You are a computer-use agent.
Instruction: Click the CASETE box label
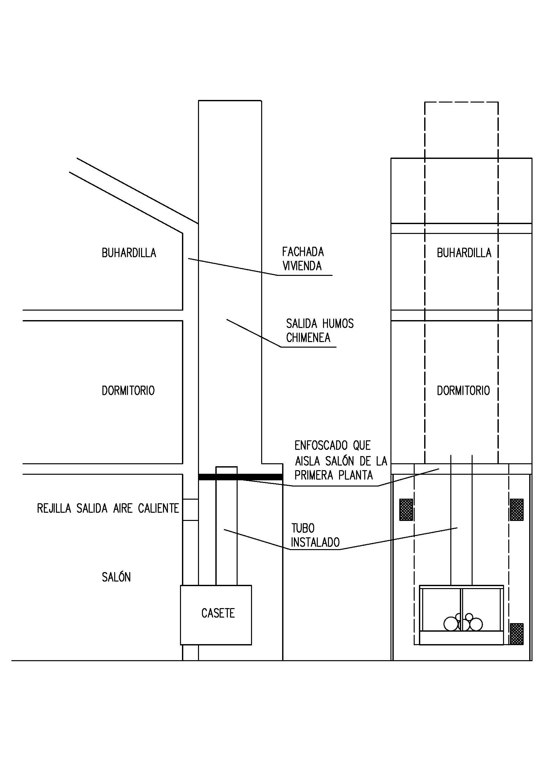[x=218, y=613]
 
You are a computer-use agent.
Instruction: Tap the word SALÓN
[x=116, y=577]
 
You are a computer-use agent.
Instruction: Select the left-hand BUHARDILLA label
[x=129, y=253]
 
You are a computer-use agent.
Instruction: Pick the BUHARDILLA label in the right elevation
[x=464, y=253]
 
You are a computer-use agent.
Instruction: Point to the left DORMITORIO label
[x=128, y=391]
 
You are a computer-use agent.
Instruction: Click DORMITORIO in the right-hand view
[x=463, y=391]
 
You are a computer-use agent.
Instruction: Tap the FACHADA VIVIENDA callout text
[x=303, y=259]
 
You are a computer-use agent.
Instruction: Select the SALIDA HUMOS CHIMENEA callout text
[x=320, y=331]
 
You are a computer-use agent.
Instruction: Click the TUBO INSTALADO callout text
[x=315, y=535]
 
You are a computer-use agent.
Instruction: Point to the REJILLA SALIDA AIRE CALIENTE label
[x=108, y=508]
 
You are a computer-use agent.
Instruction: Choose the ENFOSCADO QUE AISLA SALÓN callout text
[x=341, y=460]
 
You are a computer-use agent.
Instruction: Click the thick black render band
[x=240, y=477]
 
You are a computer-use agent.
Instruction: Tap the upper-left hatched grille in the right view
[x=406, y=509]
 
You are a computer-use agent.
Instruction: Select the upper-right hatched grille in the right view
[x=516, y=509]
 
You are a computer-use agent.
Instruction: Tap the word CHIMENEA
[x=308, y=338]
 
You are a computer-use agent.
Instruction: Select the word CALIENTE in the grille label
[x=158, y=508]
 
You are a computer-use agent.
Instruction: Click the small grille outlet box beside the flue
[x=190, y=510]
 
